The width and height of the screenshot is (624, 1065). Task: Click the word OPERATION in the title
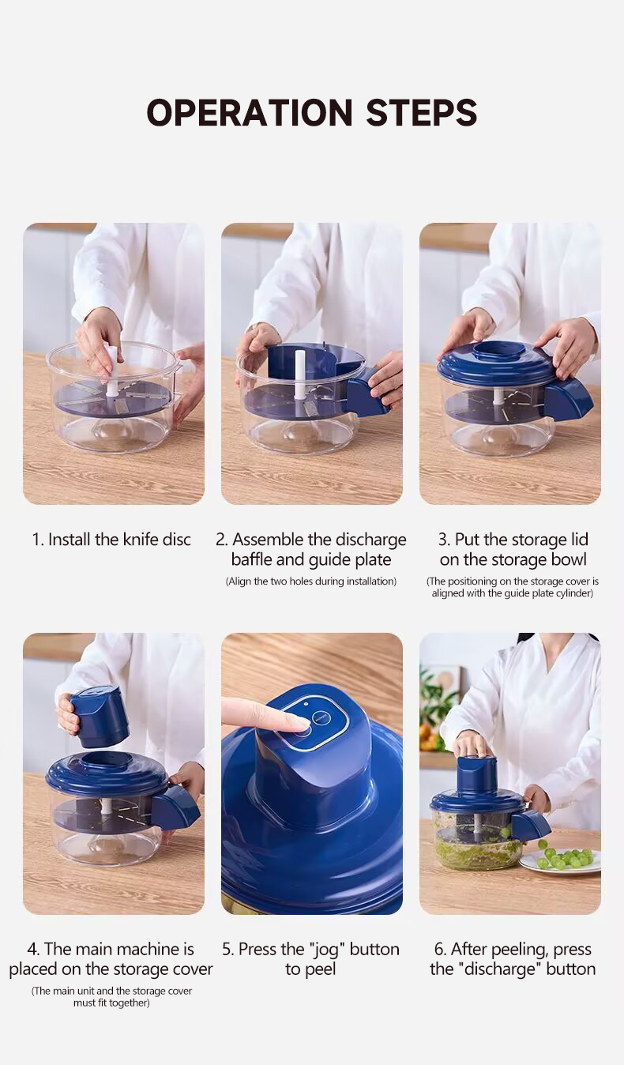[x=250, y=112]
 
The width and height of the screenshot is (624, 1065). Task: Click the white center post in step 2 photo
[x=300, y=374]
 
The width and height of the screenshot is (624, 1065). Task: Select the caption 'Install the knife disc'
[x=119, y=539]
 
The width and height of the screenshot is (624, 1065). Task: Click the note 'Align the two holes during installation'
[x=310, y=581]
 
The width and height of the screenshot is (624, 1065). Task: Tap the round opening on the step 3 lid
[x=501, y=351]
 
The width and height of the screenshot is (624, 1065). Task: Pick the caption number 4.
[x=33, y=950]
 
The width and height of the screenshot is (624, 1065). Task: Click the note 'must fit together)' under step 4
[x=111, y=1003]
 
